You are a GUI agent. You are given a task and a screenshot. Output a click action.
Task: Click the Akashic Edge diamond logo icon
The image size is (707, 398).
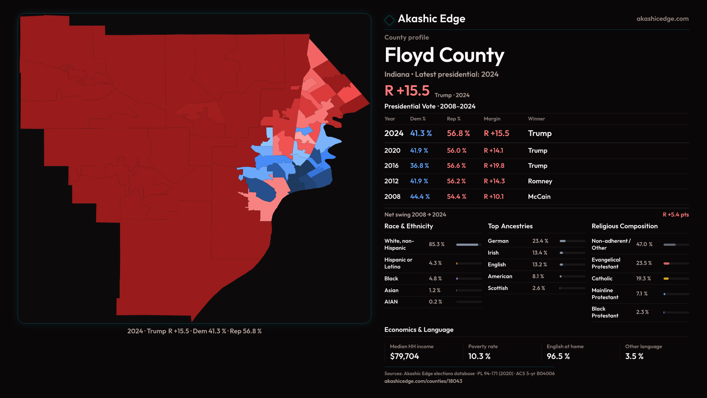[x=389, y=20]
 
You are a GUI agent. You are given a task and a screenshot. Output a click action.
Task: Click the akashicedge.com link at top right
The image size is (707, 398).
[x=662, y=19]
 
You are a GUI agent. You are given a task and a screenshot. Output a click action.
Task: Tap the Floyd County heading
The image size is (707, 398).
[x=444, y=55]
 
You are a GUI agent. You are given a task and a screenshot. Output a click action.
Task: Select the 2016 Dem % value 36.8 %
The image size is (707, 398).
[x=419, y=166]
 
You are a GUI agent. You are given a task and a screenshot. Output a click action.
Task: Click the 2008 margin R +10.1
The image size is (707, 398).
[x=493, y=197]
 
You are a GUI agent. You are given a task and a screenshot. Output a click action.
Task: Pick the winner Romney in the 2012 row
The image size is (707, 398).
[x=540, y=181]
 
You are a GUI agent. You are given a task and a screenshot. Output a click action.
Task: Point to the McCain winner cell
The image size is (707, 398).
[x=539, y=197]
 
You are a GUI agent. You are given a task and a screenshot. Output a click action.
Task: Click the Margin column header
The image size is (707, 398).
[x=492, y=119]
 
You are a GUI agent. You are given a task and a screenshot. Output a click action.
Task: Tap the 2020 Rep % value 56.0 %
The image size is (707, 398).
[x=457, y=151]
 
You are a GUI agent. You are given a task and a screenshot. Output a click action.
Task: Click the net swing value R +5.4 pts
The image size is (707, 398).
[x=675, y=215]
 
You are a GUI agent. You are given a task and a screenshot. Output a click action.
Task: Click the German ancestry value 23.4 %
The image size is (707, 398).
[x=540, y=241]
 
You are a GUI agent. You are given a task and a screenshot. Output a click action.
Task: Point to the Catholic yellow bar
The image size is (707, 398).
[x=666, y=279]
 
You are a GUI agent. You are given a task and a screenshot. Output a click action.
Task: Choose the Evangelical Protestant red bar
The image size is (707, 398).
[x=666, y=263]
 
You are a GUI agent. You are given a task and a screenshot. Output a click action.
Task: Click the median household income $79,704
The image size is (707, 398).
[x=404, y=356]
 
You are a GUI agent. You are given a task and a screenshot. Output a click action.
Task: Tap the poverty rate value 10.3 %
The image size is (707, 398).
[x=479, y=356]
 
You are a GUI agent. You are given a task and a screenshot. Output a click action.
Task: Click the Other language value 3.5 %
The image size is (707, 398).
[x=634, y=356]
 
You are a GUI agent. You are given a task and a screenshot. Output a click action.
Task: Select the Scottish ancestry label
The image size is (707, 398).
[x=497, y=288]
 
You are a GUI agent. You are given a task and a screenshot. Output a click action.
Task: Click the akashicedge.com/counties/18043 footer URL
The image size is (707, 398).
[x=423, y=381]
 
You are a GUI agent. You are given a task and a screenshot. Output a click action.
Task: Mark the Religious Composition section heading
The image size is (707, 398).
[x=625, y=226]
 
